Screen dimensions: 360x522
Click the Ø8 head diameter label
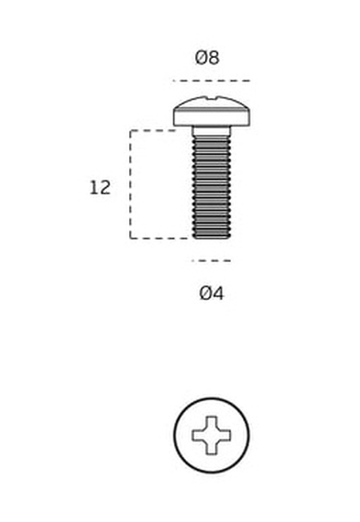click(207, 57)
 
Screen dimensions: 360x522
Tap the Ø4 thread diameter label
click(211, 294)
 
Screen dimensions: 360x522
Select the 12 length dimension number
click(100, 188)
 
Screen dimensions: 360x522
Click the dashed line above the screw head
click(211, 81)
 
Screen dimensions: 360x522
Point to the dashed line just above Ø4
click(211, 261)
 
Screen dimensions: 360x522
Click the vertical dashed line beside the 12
click(131, 184)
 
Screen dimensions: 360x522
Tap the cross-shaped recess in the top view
click(211, 435)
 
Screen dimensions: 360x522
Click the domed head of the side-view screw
click(211, 112)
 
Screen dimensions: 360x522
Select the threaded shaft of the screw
click(211, 188)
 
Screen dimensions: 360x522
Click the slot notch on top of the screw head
click(211, 98)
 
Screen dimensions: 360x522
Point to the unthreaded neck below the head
click(211, 132)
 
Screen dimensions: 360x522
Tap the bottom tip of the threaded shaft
click(211, 237)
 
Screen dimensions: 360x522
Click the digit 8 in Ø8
click(214, 58)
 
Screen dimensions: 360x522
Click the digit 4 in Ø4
click(218, 294)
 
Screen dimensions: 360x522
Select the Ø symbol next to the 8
click(201, 58)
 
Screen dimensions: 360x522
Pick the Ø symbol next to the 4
click(206, 294)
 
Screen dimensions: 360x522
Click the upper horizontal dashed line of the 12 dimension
click(153, 130)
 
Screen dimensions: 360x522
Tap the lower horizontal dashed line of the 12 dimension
click(162, 238)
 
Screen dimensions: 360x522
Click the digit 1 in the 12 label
click(93, 188)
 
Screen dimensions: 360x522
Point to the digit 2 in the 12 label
click(105, 188)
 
